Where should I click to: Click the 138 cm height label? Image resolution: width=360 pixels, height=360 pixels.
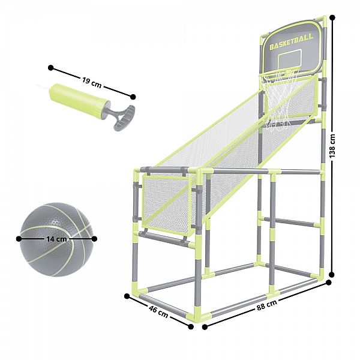point(332,146)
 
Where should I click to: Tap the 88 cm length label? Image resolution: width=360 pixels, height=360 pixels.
point(266,305)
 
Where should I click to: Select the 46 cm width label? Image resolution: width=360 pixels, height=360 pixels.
point(158,311)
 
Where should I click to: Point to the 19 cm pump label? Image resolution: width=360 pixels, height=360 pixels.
point(92,82)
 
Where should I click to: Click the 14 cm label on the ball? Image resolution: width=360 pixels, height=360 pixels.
point(56,239)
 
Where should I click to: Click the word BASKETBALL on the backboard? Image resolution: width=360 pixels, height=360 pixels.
point(292,42)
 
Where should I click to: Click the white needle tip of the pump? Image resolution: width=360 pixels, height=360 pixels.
point(42,87)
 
